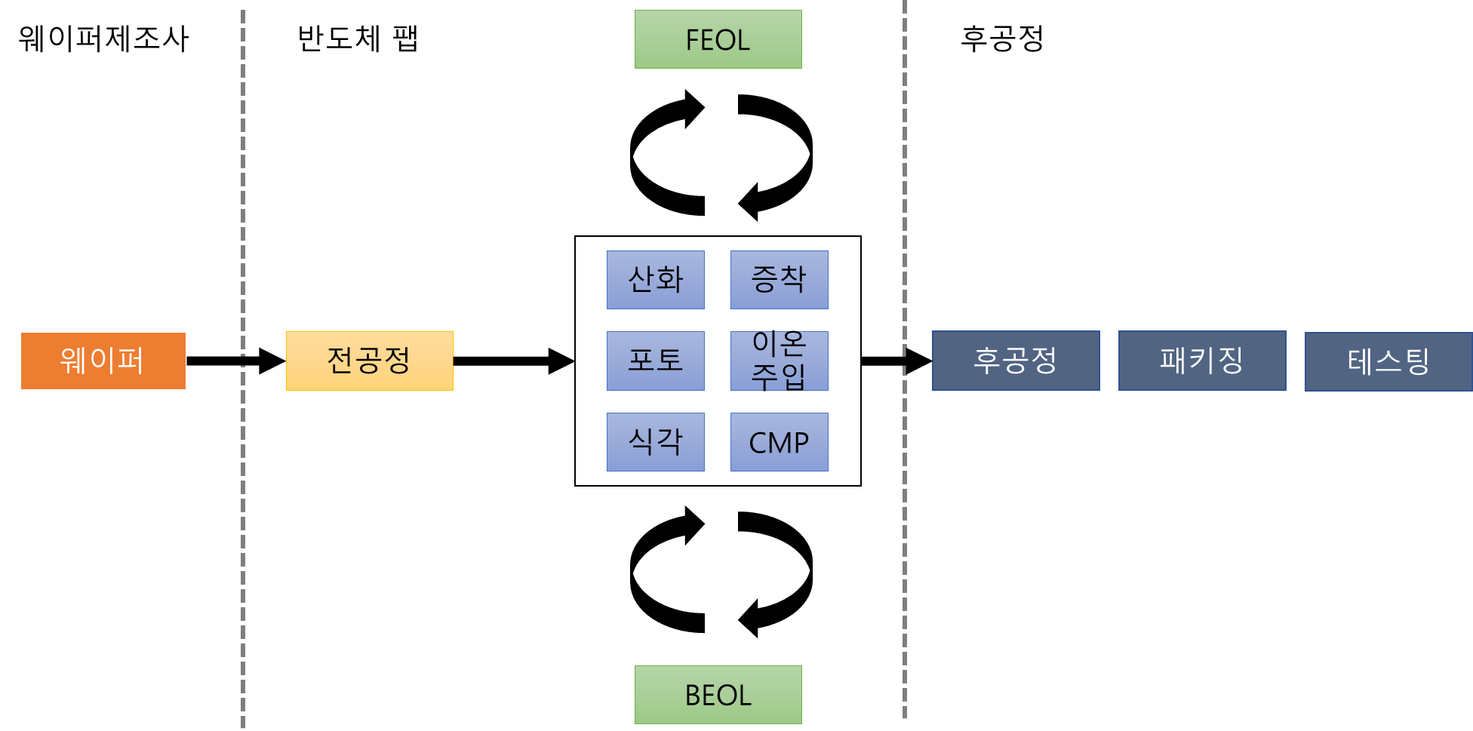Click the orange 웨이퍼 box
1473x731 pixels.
tap(103, 361)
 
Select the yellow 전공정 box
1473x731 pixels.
tap(369, 361)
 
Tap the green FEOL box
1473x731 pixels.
tap(718, 39)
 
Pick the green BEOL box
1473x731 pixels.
tap(718, 695)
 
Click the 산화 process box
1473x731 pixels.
tap(655, 280)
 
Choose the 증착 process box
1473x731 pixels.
tap(779, 280)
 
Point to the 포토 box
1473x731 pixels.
tap(655, 361)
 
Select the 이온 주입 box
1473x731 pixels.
tap(779, 361)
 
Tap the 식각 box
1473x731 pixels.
tap(655, 442)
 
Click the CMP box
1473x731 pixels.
tap(779, 442)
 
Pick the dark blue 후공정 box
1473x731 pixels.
tap(1015, 361)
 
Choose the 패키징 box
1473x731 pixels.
tap(1201, 361)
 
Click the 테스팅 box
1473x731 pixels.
tap(1388, 361)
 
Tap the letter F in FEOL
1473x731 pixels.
tap(692, 40)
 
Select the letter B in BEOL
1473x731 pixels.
tap(692, 696)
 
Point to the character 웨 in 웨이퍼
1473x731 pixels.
tap(73, 361)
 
